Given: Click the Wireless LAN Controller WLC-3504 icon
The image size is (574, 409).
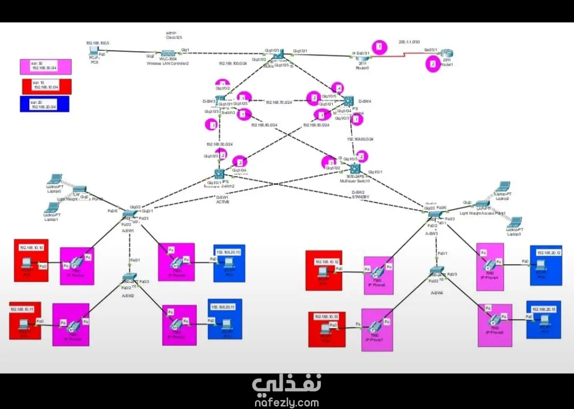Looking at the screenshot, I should [168, 54].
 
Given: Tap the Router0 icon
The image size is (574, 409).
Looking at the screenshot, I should [364, 55].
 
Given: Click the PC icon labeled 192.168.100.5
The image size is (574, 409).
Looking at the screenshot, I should [95, 51].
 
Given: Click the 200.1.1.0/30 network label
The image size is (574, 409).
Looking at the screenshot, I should [409, 41].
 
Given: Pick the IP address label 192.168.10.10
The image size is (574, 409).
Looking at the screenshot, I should [32, 248].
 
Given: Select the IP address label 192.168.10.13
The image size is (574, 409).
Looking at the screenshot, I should [326, 317].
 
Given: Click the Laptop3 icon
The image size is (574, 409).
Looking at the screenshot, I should [515, 223].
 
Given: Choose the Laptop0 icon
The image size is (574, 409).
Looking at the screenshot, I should [54, 179].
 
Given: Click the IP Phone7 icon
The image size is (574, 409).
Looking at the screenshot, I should [376, 325].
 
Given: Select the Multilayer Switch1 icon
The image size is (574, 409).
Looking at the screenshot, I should [356, 170].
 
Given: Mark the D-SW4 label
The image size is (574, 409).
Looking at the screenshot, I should [365, 101].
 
